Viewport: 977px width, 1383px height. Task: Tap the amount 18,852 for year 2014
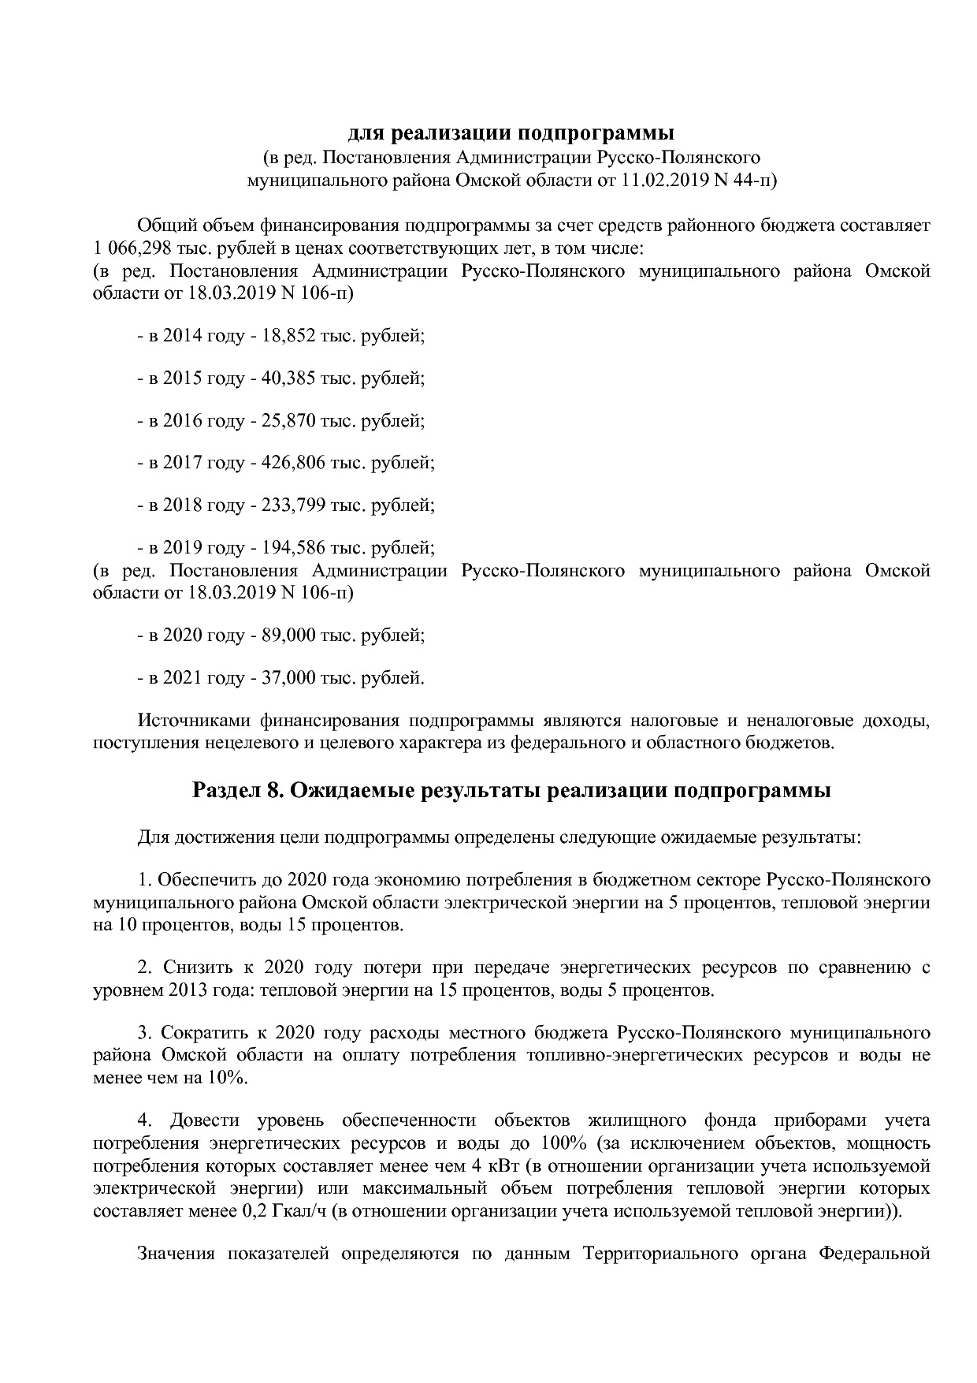(288, 336)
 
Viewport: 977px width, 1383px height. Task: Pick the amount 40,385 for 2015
(288, 378)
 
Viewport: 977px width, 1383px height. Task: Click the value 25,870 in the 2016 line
(288, 421)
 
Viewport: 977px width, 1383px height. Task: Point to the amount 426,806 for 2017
(293, 463)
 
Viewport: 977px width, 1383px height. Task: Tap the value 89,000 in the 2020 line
(288, 635)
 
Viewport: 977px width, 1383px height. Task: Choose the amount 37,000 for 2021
(288, 677)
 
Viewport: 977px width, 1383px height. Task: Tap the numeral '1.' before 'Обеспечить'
(144, 880)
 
